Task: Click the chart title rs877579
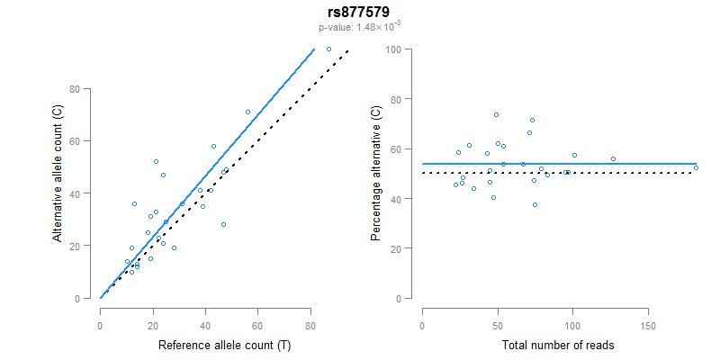[358, 12]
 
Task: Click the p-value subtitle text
[358, 27]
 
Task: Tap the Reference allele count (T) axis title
[224, 345]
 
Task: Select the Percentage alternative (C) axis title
[376, 174]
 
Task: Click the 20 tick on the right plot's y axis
[394, 247]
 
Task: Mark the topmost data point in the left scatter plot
[328, 49]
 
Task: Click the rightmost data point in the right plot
[696, 167]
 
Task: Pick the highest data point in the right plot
[496, 114]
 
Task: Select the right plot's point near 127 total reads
[613, 158]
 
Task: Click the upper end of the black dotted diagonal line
[347, 50]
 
